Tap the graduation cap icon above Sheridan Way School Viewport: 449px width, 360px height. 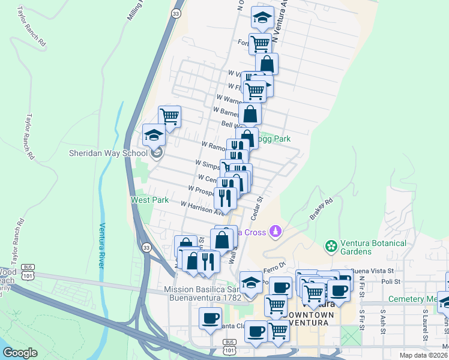154,135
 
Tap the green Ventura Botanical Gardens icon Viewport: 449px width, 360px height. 330,246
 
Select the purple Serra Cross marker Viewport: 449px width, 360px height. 276,231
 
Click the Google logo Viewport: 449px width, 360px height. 20,353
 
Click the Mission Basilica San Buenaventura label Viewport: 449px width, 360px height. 202,293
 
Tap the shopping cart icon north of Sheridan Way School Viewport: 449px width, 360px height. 170,116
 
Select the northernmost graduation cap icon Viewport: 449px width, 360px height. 262,18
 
